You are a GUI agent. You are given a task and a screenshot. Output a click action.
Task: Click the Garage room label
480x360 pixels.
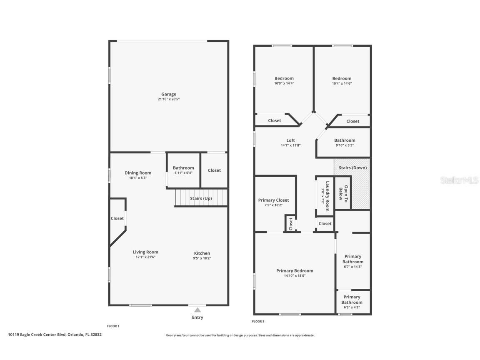169,94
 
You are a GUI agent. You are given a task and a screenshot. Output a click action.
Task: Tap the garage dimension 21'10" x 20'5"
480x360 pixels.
169,99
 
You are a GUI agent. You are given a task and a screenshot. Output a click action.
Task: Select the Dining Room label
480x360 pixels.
138,173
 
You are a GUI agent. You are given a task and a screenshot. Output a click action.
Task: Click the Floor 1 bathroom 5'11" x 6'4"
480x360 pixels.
183,170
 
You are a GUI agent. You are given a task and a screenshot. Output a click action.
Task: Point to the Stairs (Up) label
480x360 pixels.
201,198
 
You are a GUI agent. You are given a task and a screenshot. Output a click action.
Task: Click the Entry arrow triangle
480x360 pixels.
197,310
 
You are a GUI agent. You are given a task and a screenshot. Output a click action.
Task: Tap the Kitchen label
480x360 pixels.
202,253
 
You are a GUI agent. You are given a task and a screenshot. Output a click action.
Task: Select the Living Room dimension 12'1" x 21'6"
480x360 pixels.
145,257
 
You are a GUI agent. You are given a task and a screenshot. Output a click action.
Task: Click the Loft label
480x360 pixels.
290,140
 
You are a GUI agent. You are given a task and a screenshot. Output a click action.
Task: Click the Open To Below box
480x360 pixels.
343,192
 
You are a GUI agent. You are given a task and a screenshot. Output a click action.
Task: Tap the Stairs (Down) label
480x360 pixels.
352,168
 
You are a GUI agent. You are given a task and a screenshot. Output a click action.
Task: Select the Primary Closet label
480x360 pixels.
273,200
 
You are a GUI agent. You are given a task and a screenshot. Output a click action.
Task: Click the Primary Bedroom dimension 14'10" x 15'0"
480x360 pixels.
295,275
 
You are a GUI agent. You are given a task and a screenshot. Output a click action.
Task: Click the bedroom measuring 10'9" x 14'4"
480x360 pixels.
284,80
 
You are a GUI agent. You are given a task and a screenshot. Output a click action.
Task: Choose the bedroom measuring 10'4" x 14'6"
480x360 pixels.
342,80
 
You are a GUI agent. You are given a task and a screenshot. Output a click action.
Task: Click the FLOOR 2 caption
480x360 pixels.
258,321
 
